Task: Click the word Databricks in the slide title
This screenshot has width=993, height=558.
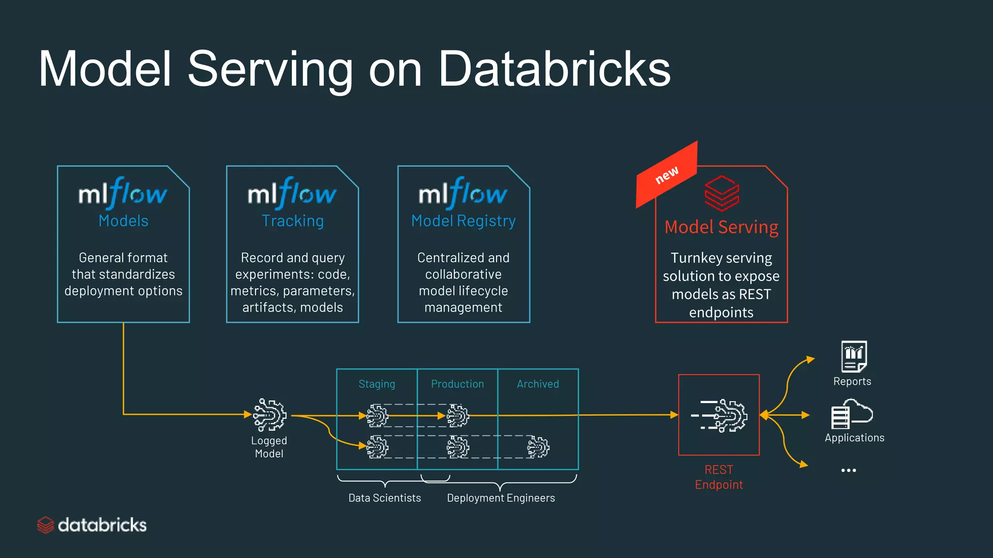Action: click(x=554, y=69)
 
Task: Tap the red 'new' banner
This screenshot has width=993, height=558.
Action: click(x=667, y=175)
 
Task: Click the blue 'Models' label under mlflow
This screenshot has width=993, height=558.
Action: click(x=123, y=221)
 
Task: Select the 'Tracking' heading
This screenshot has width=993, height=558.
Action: click(x=292, y=221)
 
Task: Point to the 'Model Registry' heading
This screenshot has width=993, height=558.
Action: click(x=463, y=221)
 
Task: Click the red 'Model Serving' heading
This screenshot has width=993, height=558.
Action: click(x=721, y=227)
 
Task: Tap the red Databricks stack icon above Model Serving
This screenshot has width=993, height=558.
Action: click(x=721, y=193)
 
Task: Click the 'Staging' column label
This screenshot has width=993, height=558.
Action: click(x=377, y=384)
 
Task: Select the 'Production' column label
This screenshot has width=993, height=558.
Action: click(x=457, y=384)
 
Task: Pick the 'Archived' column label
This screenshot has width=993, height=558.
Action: click(x=538, y=384)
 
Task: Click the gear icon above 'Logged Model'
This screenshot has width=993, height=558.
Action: click(x=270, y=415)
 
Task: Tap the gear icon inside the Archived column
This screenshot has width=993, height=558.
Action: click(x=538, y=447)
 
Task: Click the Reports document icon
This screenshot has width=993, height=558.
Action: click(x=853, y=356)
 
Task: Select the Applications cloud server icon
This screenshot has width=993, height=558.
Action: click(x=851, y=414)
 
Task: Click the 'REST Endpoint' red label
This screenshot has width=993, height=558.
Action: click(x=719, y=477)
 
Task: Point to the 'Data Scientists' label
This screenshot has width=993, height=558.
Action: click(x=384, y=498)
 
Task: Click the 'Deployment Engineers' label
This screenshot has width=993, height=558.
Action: click(x=501, y=498)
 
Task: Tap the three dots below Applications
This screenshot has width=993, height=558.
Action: click(x=849, y=470)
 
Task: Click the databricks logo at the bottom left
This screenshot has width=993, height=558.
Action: click(x=92, y=525)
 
